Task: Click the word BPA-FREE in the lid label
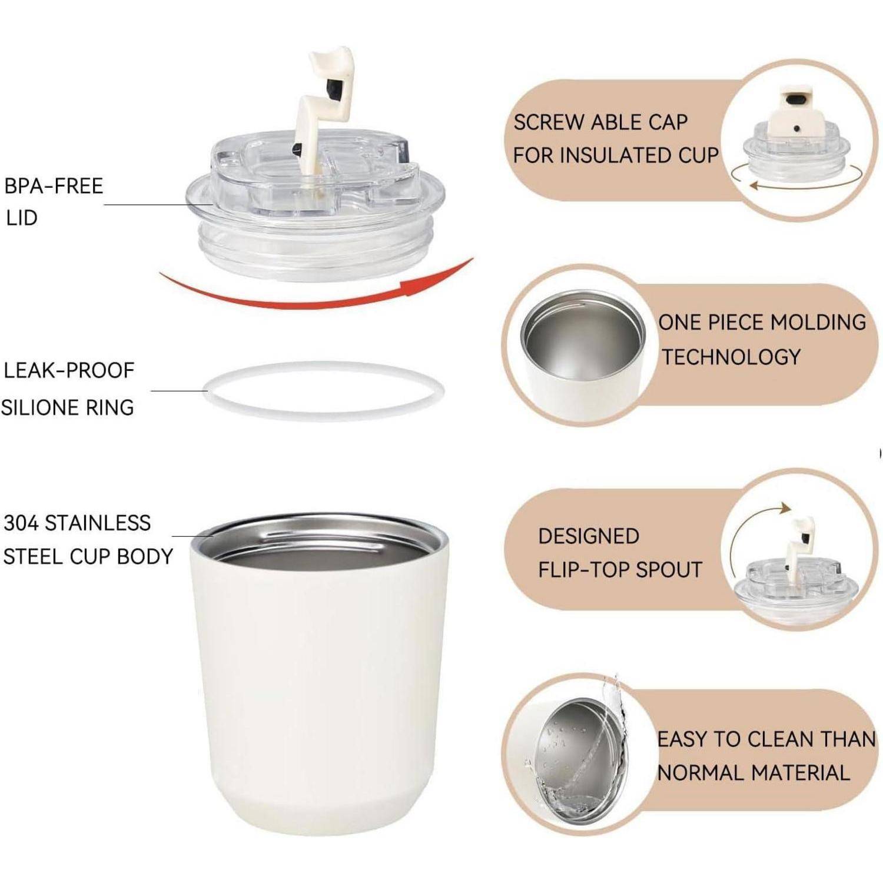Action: click(x=54, y=186)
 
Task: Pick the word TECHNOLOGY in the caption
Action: click(x=732, y=357)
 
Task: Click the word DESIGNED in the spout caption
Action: click(x=589, y=536)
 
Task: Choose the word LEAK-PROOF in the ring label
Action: click(x=69, y=370)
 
